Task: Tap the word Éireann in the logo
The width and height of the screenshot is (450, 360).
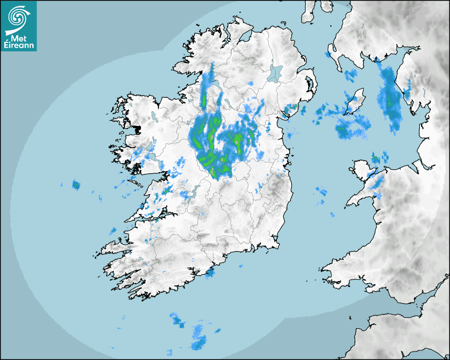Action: coord(19,46)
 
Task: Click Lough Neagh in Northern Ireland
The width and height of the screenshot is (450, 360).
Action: coord(275,73)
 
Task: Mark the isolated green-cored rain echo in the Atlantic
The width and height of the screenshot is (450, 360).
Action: coord(76,185)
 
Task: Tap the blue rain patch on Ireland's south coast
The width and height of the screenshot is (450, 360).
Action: coord(210,273)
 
